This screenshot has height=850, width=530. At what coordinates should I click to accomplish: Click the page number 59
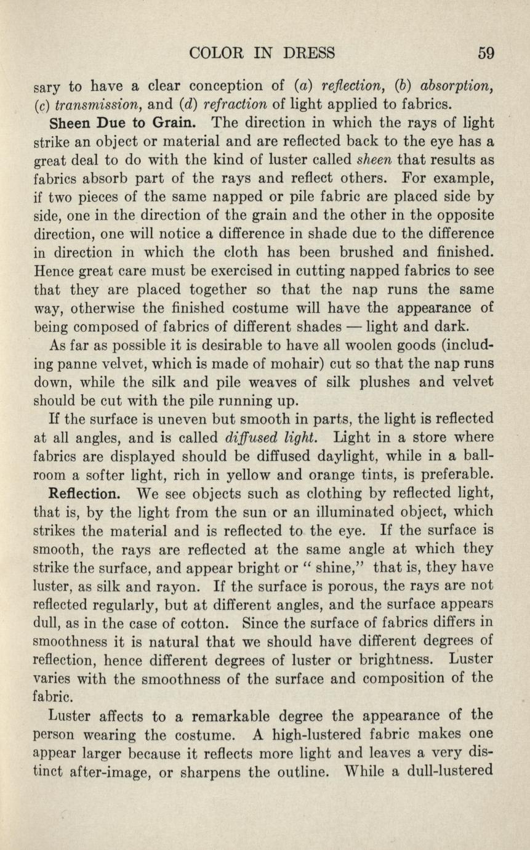486,52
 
